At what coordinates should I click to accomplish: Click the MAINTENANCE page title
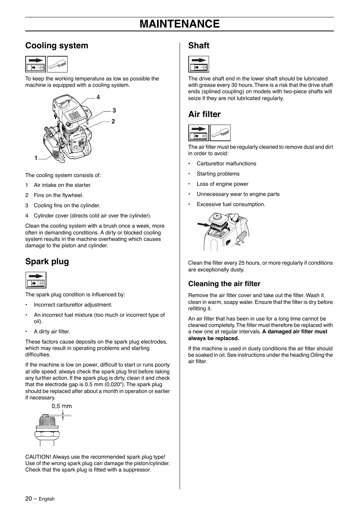179,24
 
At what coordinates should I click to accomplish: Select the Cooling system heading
57,46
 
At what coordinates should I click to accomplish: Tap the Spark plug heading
47,262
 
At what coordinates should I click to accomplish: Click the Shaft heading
198,46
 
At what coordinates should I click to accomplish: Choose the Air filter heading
204,114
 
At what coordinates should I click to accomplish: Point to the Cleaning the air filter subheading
224,284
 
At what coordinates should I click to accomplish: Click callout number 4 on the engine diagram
98,97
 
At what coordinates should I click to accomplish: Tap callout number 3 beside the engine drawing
114,111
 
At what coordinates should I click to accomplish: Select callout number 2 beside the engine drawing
113,122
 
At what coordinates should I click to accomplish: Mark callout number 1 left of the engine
36,158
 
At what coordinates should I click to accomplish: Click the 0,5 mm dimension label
62,406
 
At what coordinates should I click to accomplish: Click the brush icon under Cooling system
57,64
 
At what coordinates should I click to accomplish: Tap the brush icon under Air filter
220,133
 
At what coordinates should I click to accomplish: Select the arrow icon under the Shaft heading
198,64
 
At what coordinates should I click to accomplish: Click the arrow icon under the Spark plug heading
36,280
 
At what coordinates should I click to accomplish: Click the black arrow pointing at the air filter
203,225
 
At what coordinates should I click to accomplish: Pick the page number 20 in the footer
29,499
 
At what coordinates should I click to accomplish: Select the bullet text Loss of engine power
222,184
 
